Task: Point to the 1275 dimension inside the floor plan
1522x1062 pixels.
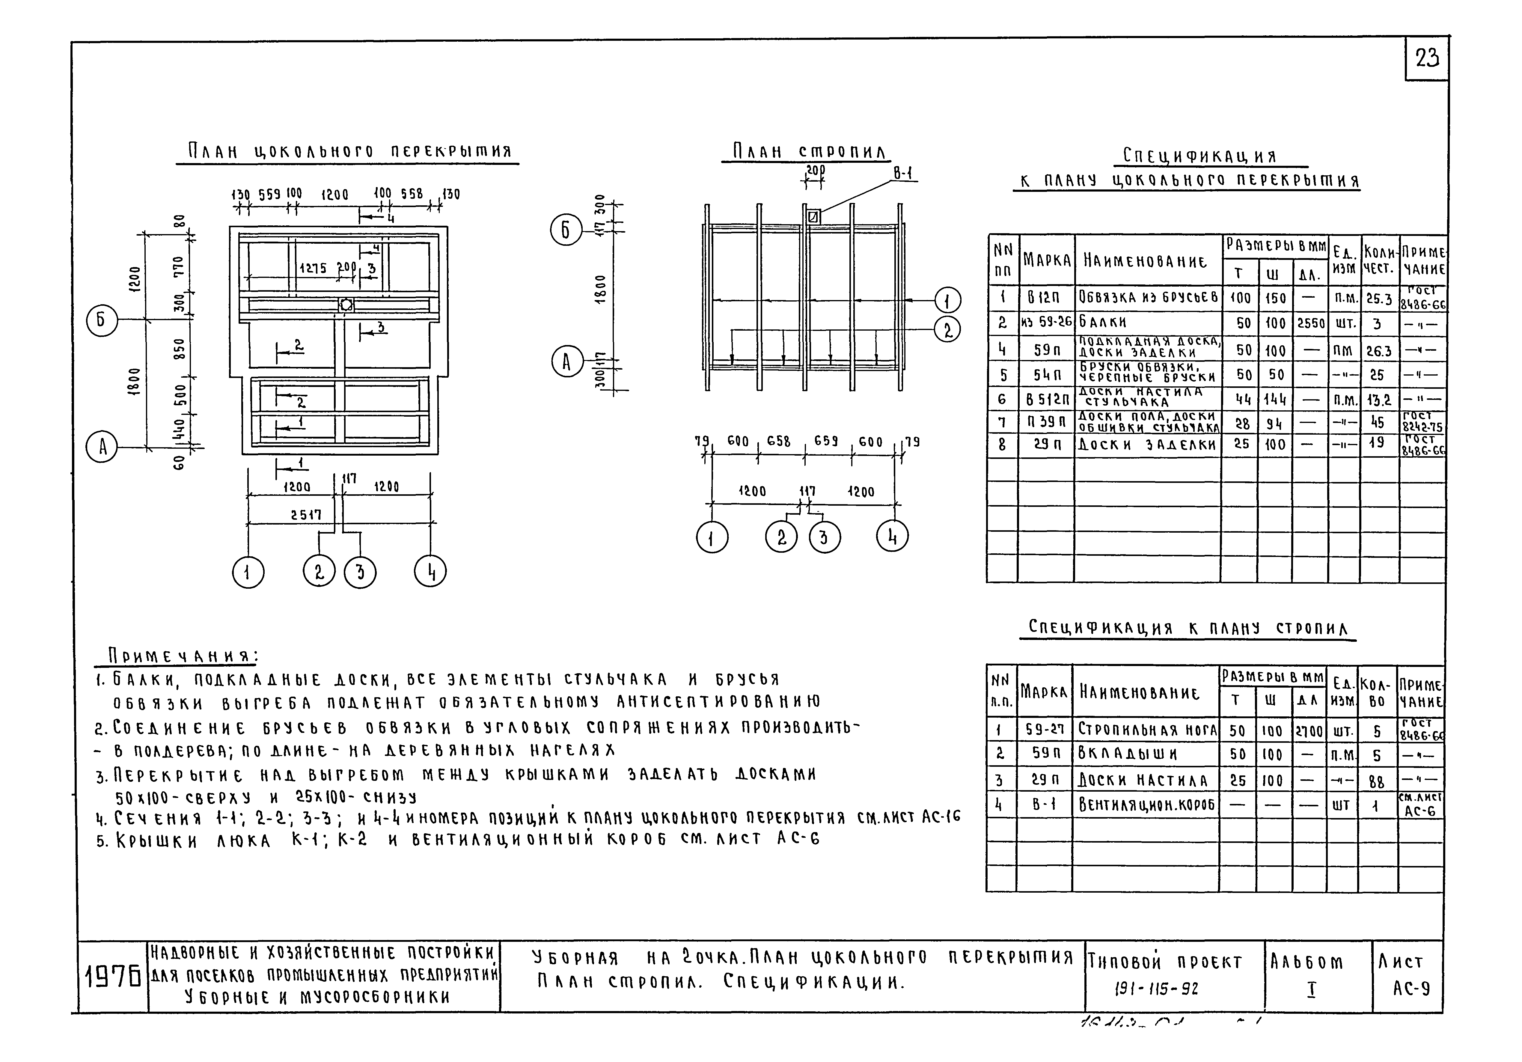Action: [x=313, y=269]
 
